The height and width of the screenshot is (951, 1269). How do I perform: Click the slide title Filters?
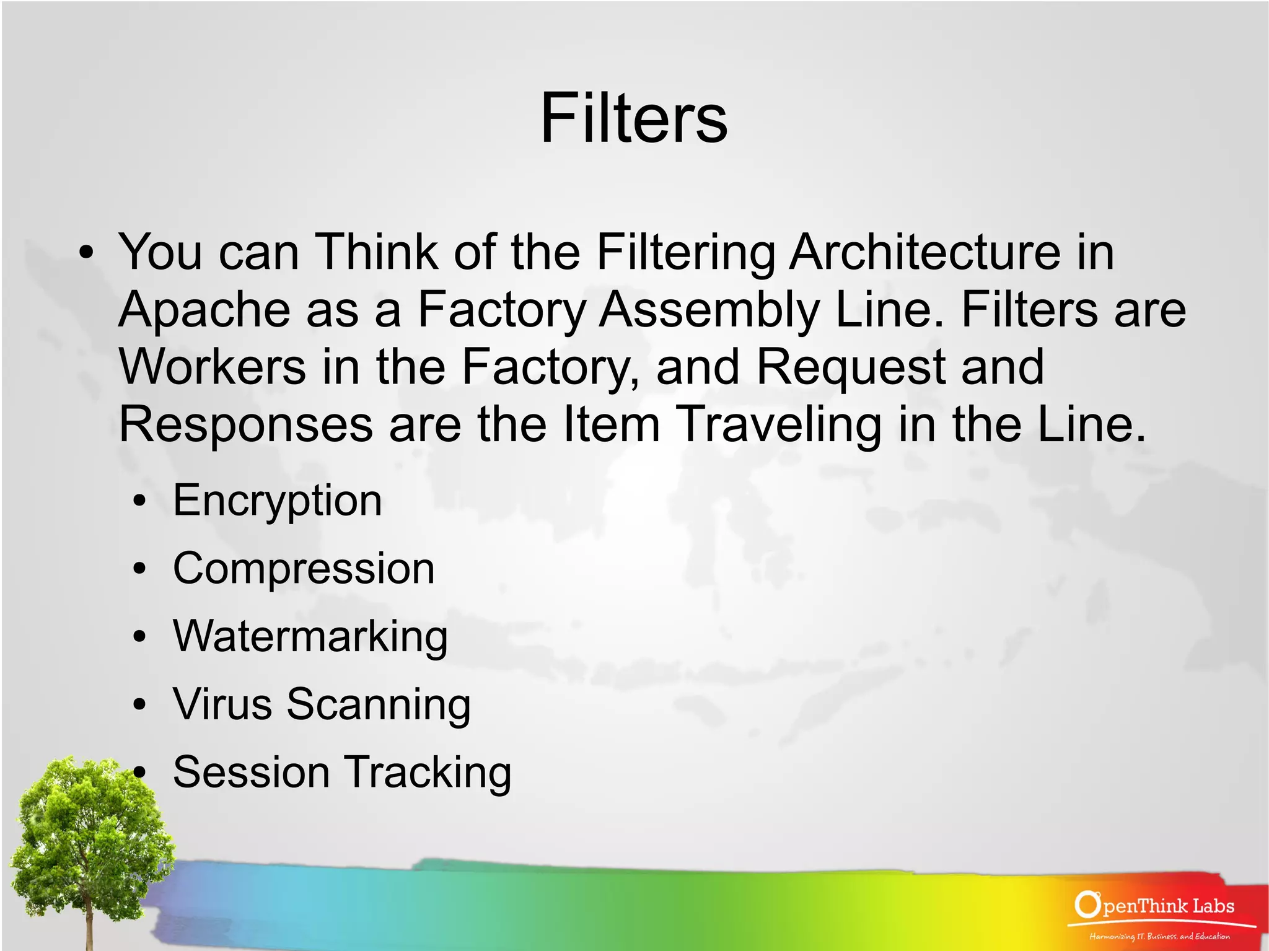point(633,118)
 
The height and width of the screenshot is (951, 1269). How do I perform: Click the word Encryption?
point(277,501)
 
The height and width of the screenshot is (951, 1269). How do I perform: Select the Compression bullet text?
point(304,569)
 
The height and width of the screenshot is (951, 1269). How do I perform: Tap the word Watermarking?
point(310,637)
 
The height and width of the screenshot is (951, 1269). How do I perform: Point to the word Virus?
point(222,704)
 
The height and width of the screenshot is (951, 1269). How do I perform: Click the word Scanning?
point(379,706)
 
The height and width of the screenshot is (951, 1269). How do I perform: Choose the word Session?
point(251,773)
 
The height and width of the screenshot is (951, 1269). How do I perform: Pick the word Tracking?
point(428,774)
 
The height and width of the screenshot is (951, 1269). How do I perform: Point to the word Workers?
point(213,367)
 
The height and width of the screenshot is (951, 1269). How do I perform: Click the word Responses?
point(246,425)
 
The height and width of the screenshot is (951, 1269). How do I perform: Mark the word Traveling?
point(778,425)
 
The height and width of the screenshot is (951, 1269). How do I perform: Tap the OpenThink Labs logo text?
point(1156,906)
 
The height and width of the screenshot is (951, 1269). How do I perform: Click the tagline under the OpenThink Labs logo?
point(1159,936)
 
